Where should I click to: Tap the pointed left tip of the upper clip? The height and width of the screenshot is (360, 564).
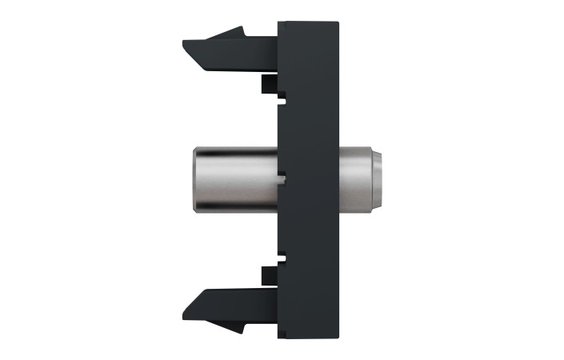(x=186, y=42)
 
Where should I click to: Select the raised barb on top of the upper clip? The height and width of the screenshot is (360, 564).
(x=235, y=32)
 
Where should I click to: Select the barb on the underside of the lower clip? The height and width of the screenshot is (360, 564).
(x=235, y=329)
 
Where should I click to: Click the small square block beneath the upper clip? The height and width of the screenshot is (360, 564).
(x=268, y=84)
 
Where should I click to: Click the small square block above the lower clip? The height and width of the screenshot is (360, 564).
(x=268, y=276)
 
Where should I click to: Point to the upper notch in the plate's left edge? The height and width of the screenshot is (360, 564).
(x=281, y=101)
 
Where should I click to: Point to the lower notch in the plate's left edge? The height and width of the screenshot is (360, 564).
(x=281, y=258)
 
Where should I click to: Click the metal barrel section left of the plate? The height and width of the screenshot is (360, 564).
(x=232, y=180)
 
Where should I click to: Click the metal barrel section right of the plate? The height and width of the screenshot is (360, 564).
(x=356, y=180)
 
